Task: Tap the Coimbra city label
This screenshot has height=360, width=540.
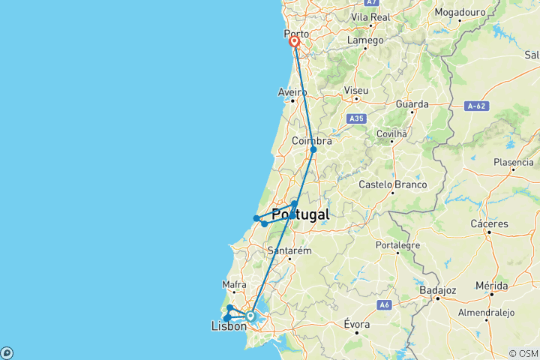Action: pyautogui.click(x=311, y=140)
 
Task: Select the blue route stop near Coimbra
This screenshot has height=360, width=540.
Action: pyautogui.click(x=313, y=150)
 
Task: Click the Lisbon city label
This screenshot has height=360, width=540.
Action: pyautogui.click(x=229, y=326)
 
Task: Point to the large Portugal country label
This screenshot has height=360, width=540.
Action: pyautogui.click(x=300, y=214)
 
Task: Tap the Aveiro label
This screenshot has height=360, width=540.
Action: pyautogui.click(x=292, y=92)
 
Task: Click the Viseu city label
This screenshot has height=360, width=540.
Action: pyautogui.click(x=356, y=91)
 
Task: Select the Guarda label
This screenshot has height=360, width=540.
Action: pyautogui.click(x=413, y=104)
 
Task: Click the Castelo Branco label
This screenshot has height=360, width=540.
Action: pyautogui.click(x=392, y=184)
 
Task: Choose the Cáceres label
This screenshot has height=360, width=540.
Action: pyautogui.click(x=490, y=223)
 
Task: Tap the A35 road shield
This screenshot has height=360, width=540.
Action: pyautogui.click(x=356, y=118)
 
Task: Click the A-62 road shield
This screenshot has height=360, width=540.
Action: pyautogui.click(x=477, y=106)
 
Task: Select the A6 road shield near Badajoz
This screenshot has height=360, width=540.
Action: pyautogui.click(x=385, y=304)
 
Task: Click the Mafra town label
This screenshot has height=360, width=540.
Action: pyautogui.click(x=235, y=285)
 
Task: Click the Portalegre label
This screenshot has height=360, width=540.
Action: pyautogui.click(x=397, y=244)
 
